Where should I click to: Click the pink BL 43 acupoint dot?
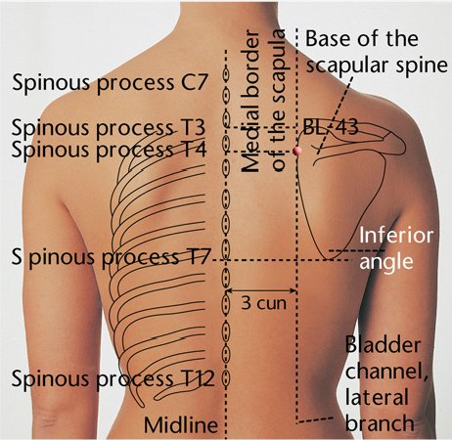click(x=296, y=151)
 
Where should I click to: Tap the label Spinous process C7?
click(x=110, y=83)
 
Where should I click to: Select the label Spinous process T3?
click(x=109, y=128)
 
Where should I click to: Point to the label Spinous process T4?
click(x=110, y=150)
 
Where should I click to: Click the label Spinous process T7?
click(x=110, y=257)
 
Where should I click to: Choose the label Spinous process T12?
click(x=113, y=378)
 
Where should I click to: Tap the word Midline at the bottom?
click(x=181, y=424)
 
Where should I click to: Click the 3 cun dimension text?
click(x=263, y=303)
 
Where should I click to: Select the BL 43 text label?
click(x=331, y=127)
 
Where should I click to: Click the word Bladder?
click(x=383, y=345)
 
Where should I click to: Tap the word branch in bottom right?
click(x=380, y=422)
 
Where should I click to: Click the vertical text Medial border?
click(x=250, y=101)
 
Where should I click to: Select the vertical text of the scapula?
click(x=278, y=100)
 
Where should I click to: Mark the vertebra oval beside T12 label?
click(x=225, y=378)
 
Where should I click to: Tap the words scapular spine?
click(x=377, y=66)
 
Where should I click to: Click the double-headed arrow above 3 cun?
click(x=261, y=290)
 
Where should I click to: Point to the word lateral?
click(x=377, y=397)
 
